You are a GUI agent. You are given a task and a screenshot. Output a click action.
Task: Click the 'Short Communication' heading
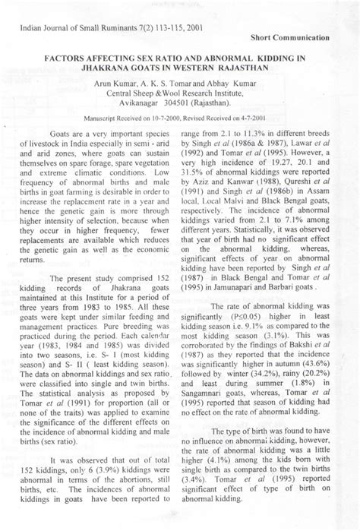click(x=290, y=36)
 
